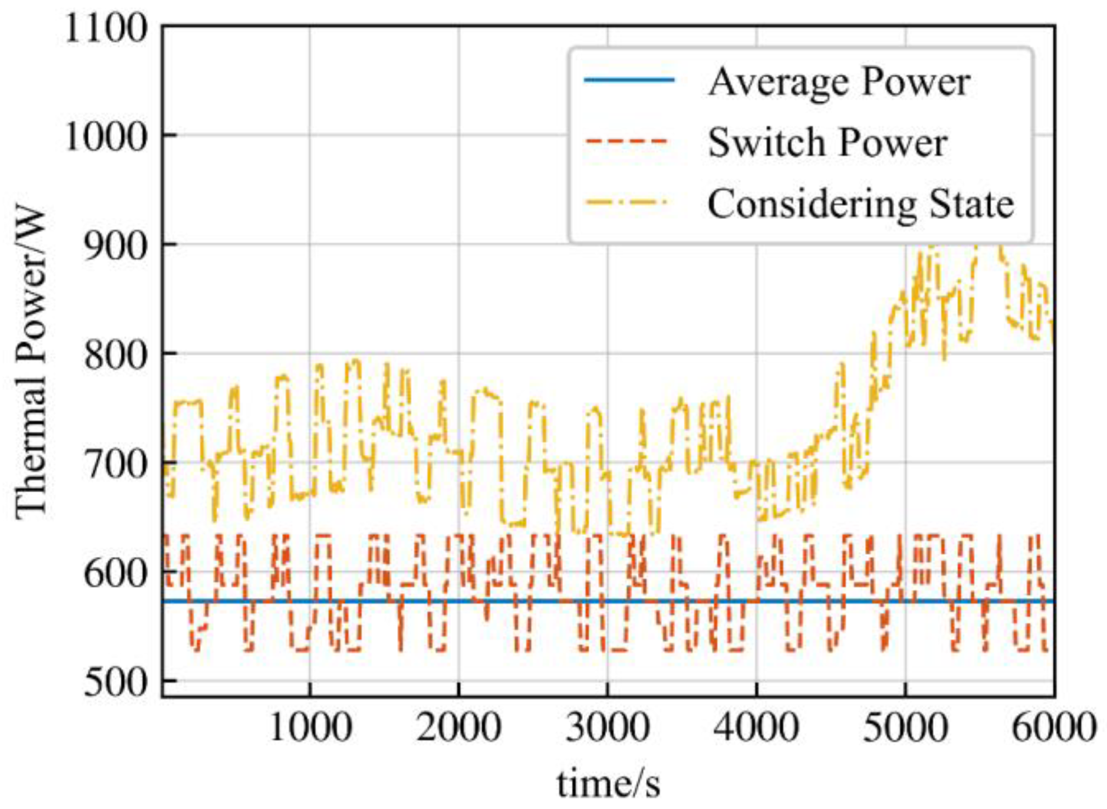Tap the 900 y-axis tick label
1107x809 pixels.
(116, 245)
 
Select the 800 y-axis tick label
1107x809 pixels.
(116, 355)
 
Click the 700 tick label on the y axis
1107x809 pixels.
(116, 464)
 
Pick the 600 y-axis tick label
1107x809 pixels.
(116, 573)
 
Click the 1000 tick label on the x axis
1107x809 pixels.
(310, 728)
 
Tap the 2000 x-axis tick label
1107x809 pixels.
(459, 728)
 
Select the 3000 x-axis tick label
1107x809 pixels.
(608, 728)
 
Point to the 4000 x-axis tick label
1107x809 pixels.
(756, 728)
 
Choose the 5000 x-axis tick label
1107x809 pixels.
(905, 728)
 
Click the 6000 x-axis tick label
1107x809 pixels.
(1053, 728)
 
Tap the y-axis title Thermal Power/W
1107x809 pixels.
(31, 362)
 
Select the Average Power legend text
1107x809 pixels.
(839, 82)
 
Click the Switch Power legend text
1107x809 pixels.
(827, 143)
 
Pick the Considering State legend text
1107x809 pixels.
(861, 204)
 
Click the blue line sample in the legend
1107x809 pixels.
(629, 81)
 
